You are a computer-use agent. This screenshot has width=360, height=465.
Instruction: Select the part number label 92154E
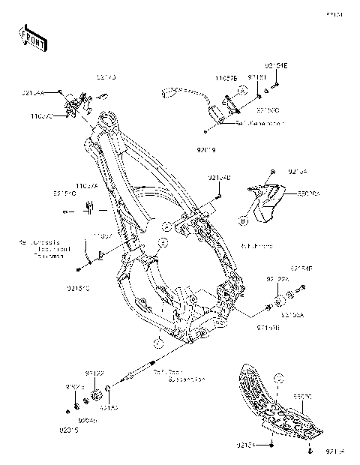pyautogui.click(x=275, y=67)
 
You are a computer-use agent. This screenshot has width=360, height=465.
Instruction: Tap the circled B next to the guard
pyautogui.click(x=244, y=220)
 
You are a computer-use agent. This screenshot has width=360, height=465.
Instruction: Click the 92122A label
pyautogui.click(x=276, y=279)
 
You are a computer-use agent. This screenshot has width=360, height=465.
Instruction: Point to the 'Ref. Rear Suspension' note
pyautogui.click(x=177, y=374)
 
